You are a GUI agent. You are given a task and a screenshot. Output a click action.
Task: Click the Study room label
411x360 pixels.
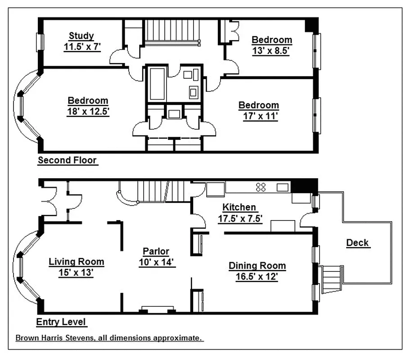pos(81,36)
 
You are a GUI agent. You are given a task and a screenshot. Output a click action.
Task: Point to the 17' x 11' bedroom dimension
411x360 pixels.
pos(258,116)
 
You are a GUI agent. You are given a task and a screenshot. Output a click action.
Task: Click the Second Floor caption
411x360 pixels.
pos(68,160)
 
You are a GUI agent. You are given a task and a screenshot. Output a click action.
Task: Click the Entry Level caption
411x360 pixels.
pos(62,322)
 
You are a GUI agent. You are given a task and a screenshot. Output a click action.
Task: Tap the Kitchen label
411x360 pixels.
pos(240,207)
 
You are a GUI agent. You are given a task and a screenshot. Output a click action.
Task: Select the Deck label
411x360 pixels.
pos(357,243)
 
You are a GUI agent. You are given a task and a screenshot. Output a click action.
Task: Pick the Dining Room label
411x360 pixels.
pos(257,265)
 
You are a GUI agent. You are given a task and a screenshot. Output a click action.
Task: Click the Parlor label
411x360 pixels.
pos(156,251)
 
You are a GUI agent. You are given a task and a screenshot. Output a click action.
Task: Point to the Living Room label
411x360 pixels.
pos(76,261)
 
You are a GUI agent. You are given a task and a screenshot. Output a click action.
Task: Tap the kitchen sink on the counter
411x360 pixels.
pos(282,187)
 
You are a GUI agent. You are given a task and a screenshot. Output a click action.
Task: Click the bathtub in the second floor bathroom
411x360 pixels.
pos(157,84)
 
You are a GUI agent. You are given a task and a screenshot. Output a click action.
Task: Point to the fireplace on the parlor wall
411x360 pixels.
pos(158,310)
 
